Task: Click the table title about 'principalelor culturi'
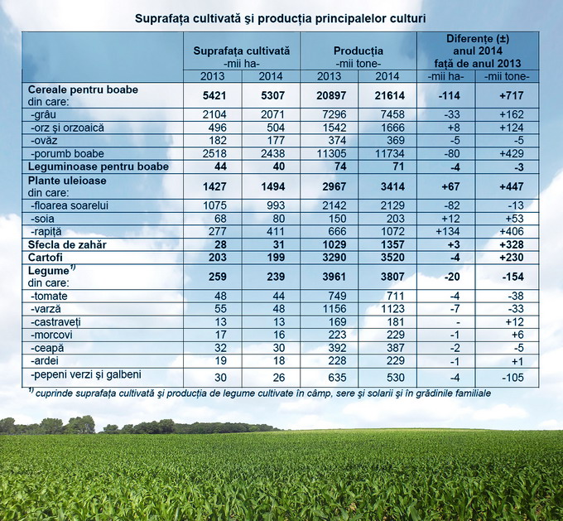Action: [x=281, y=17]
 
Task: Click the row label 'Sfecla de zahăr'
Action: [x=68, y=245]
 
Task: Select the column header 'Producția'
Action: [x=358, y=51]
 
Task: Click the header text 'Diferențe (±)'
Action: [x=477, y=39]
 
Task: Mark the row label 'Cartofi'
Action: [x=46, y=258]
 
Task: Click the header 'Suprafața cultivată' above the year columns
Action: [x=242, y=51]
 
